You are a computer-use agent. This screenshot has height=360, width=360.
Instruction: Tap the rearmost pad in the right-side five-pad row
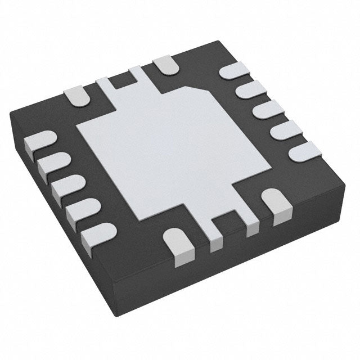click(x=231, y=72)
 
